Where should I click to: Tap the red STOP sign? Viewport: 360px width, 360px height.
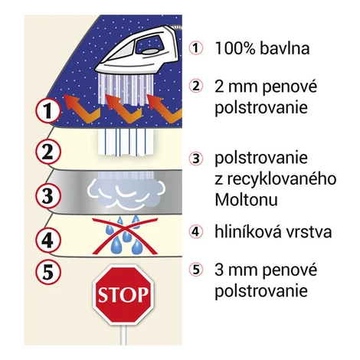point(123,294)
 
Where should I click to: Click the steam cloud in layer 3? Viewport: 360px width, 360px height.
point(126,191)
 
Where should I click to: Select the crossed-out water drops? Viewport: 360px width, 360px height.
point(125,235)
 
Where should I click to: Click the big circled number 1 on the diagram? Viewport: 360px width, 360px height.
point(47,110)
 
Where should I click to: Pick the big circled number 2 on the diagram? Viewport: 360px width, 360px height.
point(47,152)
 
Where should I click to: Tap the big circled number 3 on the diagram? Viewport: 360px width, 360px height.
point(47,196)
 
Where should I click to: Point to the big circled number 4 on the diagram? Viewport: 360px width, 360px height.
point(47,240)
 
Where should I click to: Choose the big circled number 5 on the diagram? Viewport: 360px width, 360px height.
point(47,271)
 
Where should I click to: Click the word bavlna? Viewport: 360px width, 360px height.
point(284,48)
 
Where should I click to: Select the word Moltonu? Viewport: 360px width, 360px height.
point(246,200)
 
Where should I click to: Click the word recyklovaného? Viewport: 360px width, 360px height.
point(282,179)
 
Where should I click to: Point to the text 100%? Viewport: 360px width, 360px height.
point(235,48)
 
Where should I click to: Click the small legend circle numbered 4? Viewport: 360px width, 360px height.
point(196,231)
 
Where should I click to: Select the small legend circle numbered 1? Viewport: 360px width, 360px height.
point(196,48)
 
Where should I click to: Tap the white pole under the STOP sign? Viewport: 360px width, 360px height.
point(123,335)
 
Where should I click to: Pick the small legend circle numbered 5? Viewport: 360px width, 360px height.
point(196,270)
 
